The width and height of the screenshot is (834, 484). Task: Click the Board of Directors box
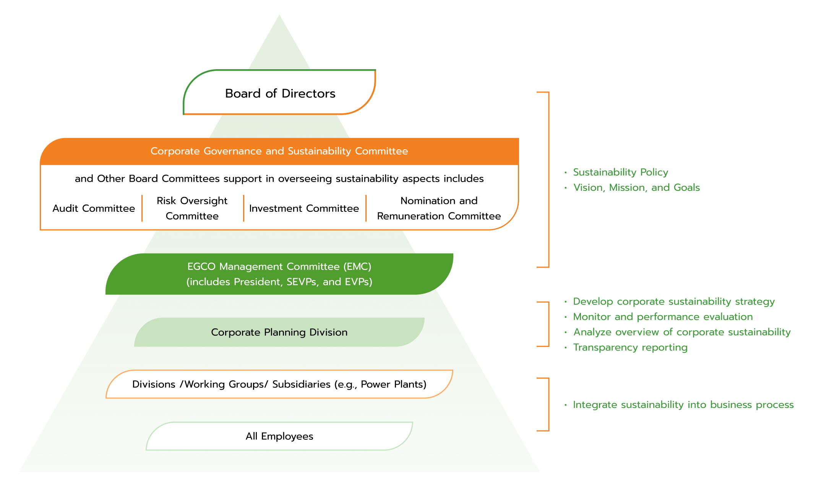tap(280, 93)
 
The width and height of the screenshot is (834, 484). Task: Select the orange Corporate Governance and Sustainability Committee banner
tap(279, 151)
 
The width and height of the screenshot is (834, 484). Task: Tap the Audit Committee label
tap(94, 208)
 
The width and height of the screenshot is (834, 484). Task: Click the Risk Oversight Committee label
tap(192, 208)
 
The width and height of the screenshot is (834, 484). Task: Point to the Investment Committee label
tap(304, 208)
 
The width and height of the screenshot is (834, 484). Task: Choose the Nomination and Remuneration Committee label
tap(439, 208)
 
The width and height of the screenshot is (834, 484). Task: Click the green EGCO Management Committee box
tap(279, 274)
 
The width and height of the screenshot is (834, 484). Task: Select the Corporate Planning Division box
tap(279, 332)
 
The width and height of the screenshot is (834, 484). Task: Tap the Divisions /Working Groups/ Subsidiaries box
tap(279, 384)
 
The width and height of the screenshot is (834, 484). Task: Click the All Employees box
tap(279, 436)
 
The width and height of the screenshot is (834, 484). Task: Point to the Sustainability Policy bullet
tap(620, 172)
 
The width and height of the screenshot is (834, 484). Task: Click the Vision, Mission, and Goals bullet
tap(636, 188)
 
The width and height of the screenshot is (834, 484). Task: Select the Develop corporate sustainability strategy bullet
tap(673, 302)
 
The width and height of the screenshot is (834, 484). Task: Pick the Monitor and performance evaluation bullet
tap(663, 317)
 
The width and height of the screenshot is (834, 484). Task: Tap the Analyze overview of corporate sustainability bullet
tap(682, 332)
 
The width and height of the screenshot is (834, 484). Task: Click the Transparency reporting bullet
tap(630, 348)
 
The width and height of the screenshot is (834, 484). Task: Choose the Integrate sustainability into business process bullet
tap(683, 405)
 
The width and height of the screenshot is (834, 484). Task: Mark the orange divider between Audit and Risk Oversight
tap(142, 208)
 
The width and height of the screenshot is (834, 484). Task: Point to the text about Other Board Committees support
tap(279, 179)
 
